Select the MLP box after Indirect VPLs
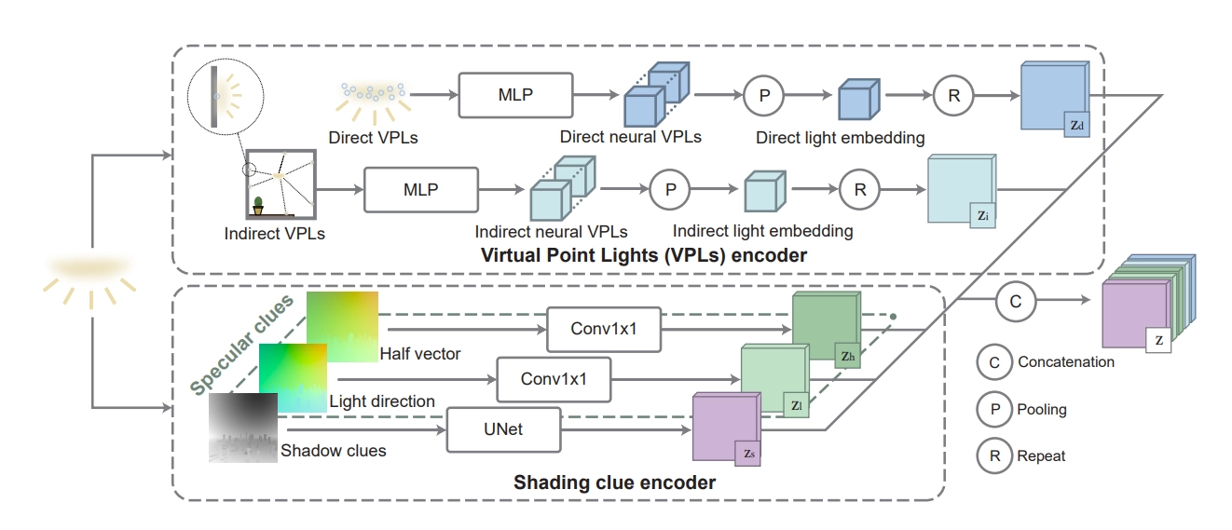(420, 190)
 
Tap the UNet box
(504, 430)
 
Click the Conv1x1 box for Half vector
(603, 330)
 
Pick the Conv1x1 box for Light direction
(554, 379)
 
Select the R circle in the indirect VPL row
(859, 190)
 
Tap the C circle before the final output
(1015, 300)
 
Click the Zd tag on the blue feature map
(1077, 124)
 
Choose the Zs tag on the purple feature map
(750, 453)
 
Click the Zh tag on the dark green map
(847, 355)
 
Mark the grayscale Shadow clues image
(243, 428)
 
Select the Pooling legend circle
(995, 409)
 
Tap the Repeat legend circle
(995, 455)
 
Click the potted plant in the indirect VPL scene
(258, 204)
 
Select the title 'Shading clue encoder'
(614, 482)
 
